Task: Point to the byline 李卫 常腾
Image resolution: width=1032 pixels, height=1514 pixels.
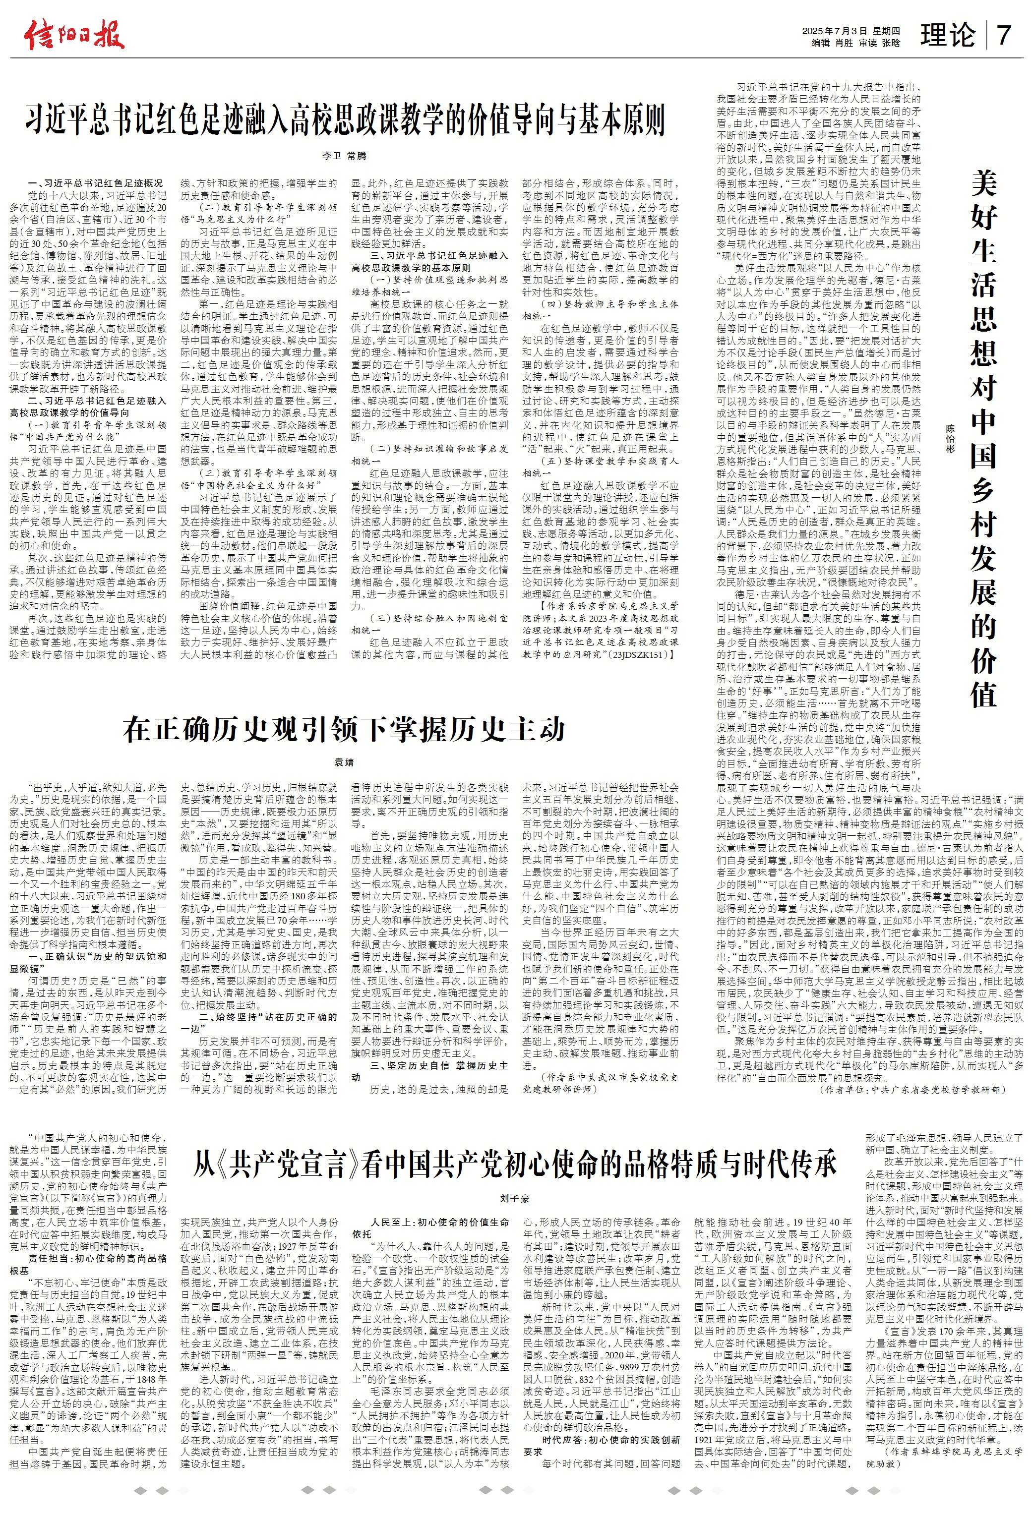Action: pyautogui.click(x=345, y=156)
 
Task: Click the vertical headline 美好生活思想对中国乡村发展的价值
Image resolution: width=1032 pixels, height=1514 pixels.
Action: pyautogui.click(x=984, y=438)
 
